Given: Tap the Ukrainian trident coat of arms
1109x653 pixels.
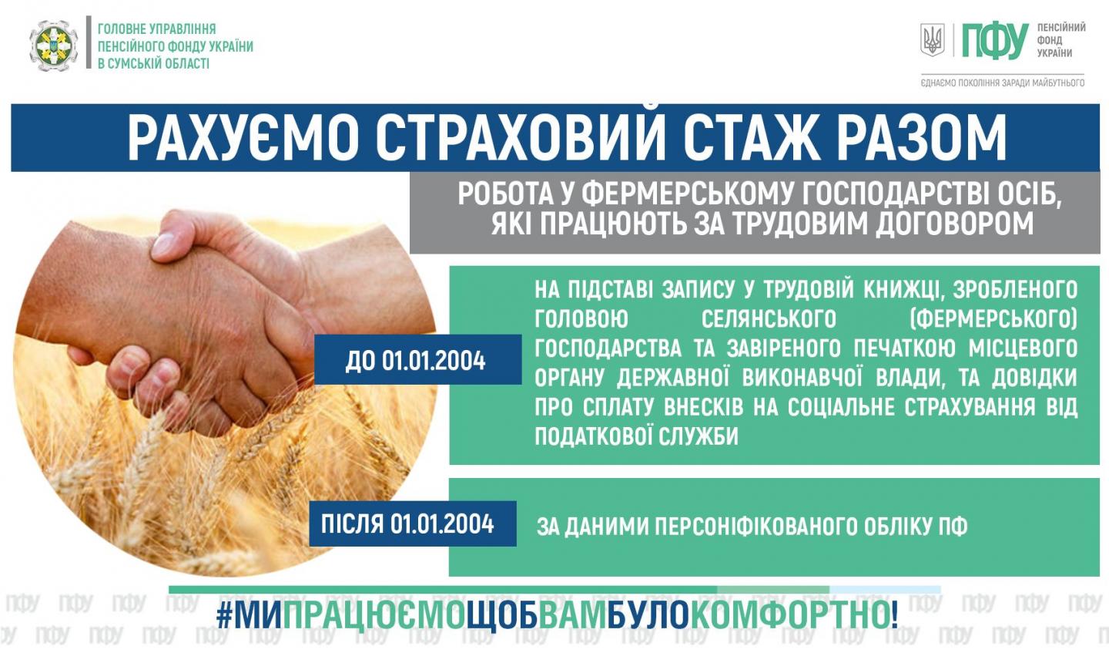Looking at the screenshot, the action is click(932, 40).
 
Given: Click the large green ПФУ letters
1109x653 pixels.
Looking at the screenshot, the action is click(994, 41).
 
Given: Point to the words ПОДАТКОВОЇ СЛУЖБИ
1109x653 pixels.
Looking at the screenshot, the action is click(636, 436).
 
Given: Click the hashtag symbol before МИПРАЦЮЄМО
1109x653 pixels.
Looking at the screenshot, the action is click(224, 616).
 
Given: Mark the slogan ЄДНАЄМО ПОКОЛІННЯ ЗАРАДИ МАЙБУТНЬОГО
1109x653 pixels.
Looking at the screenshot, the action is click(1003, 82).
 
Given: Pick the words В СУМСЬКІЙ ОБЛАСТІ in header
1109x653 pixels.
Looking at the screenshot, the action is click(153, 64).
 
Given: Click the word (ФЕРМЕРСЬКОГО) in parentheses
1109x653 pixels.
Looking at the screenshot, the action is click(993, 319).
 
